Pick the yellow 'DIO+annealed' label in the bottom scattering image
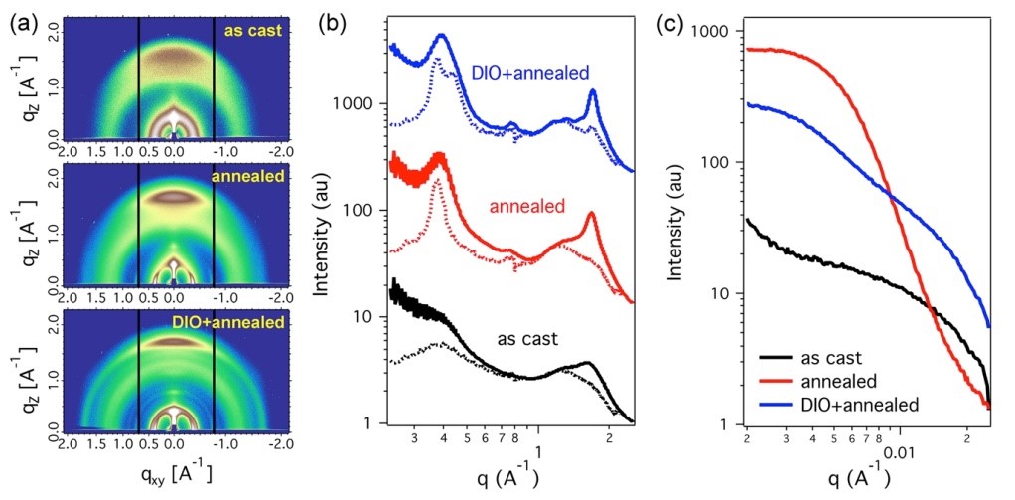235,322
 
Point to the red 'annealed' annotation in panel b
527,207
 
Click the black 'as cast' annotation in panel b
526,338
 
